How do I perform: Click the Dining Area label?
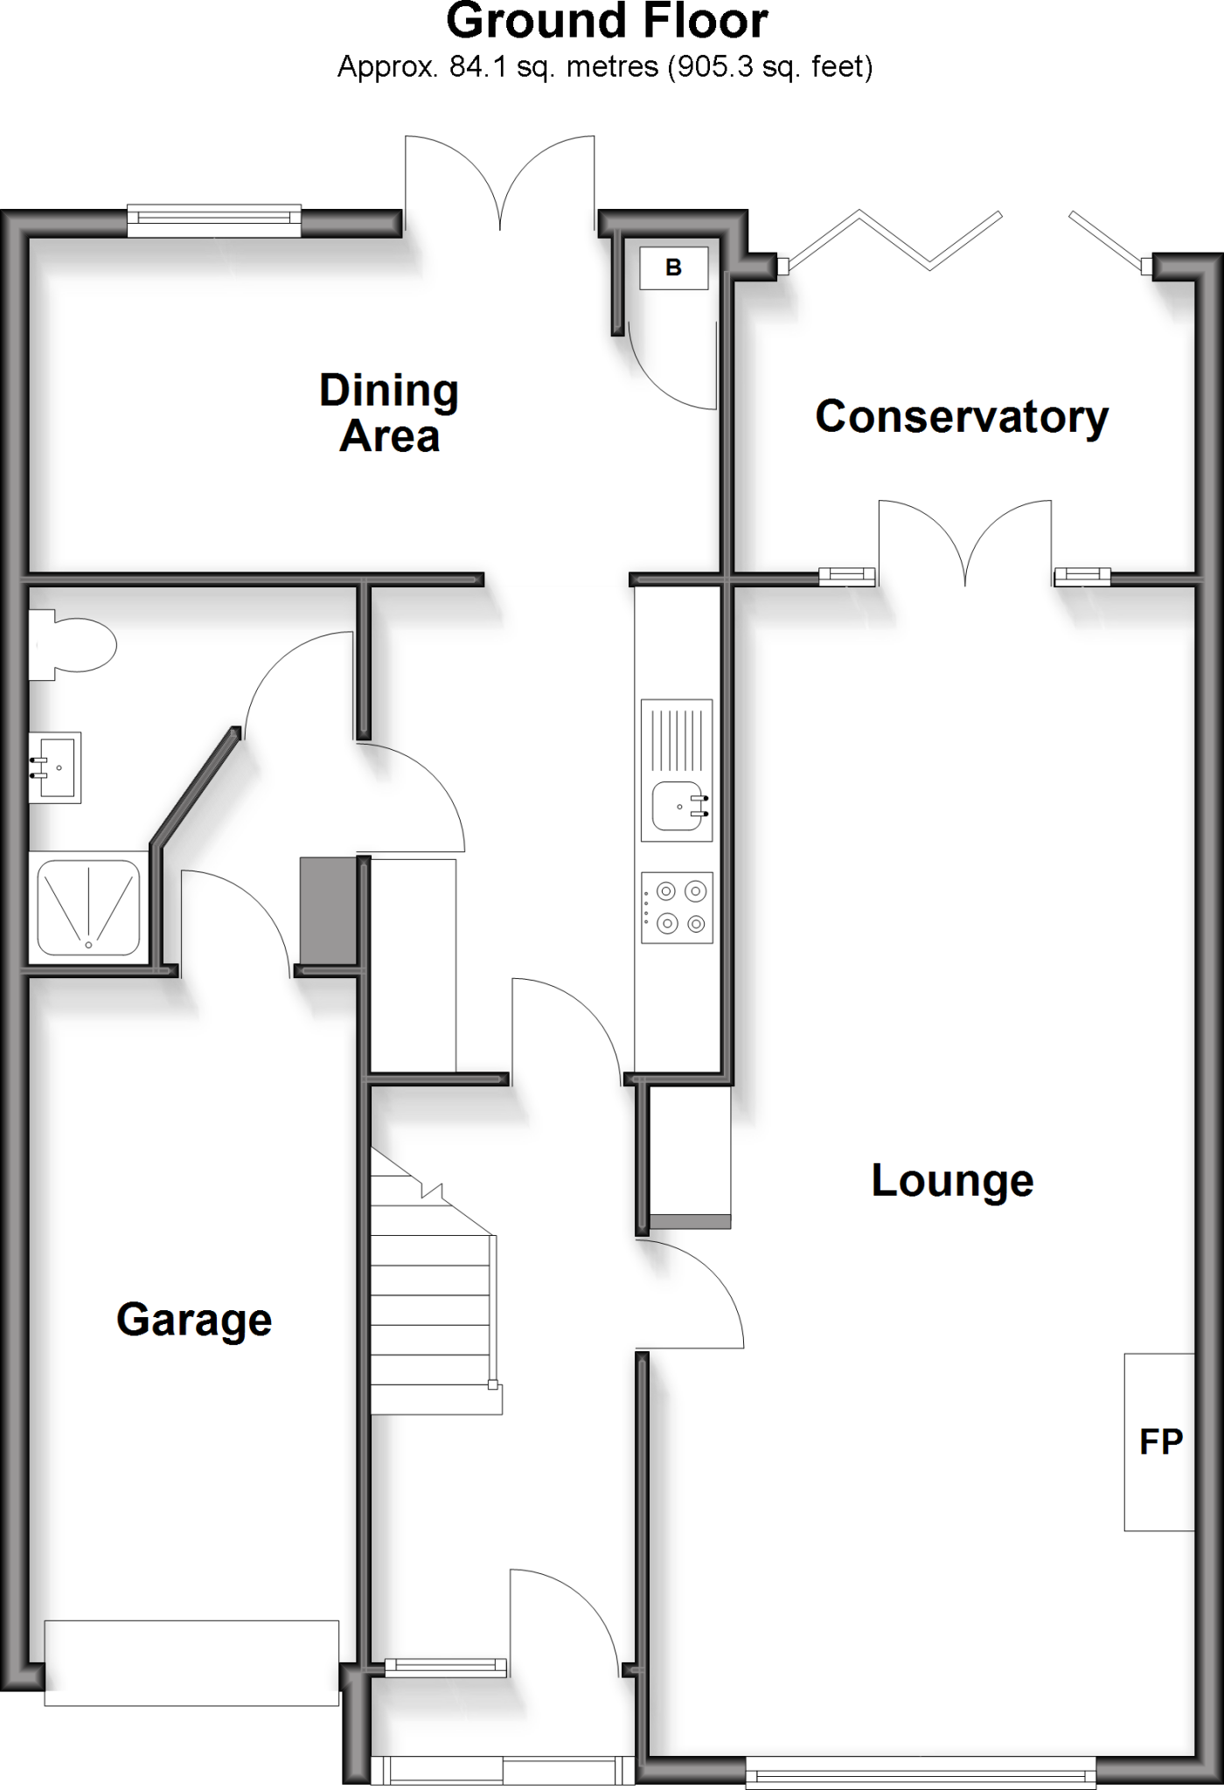pos(389,413)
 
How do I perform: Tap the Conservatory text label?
pos(962,417)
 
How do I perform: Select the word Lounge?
pos(952,1181)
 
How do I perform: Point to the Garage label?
pos(194,1320)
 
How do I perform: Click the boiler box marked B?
pos(673,267)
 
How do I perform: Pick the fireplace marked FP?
pos(1159,1441)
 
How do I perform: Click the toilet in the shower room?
pos(72,645)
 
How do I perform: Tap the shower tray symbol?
pos(88,907)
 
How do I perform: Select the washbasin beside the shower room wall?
pos(55,767)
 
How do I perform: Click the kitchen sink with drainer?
pos(677,769)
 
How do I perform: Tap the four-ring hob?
pos(677,907)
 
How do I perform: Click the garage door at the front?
pos(191,1662)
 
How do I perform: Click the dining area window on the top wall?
pos(214,220)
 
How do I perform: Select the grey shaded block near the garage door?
pos(328,911)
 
